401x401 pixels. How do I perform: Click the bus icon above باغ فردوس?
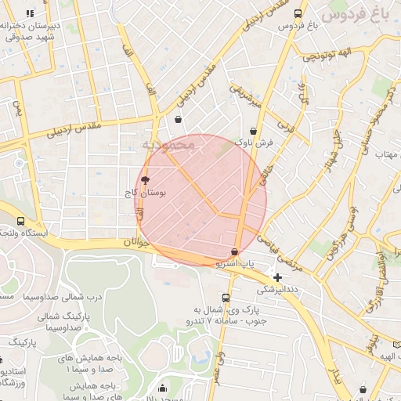[x=298, y=13]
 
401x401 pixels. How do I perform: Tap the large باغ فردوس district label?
[x=356, y=14]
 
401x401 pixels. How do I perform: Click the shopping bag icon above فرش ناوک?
[x=253, y=132]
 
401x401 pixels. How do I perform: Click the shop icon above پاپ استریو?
[x=235, y=251]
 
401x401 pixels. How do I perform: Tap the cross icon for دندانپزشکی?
[x=278, y=276]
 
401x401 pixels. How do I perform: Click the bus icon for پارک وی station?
[x=226, y=298]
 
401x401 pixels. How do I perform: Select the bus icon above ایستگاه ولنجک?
[x=20, y=222]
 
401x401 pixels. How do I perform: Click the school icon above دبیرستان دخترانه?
[x=30, y=13]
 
